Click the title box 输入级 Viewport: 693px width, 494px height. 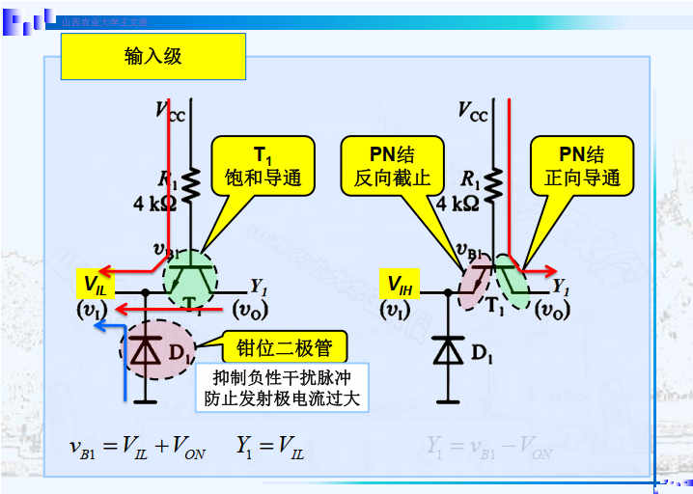point(153,57)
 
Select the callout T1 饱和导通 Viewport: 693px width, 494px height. point(263,166)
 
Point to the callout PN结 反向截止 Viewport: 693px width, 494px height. point(392,166)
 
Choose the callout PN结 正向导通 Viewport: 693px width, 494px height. point(582,166)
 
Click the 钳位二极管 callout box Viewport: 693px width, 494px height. point(278,346)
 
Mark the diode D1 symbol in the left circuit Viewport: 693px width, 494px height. point(146,352)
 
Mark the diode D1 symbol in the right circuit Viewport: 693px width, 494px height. point(448,351)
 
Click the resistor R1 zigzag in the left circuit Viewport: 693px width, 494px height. point(192,182)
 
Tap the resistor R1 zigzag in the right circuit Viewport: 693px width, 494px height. point(495,182)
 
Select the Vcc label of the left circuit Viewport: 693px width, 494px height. point(170,110)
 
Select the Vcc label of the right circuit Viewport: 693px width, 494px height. point(473,110)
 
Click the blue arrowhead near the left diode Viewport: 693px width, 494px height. point(99,325)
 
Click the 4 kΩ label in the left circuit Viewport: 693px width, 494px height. point(154,204)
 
